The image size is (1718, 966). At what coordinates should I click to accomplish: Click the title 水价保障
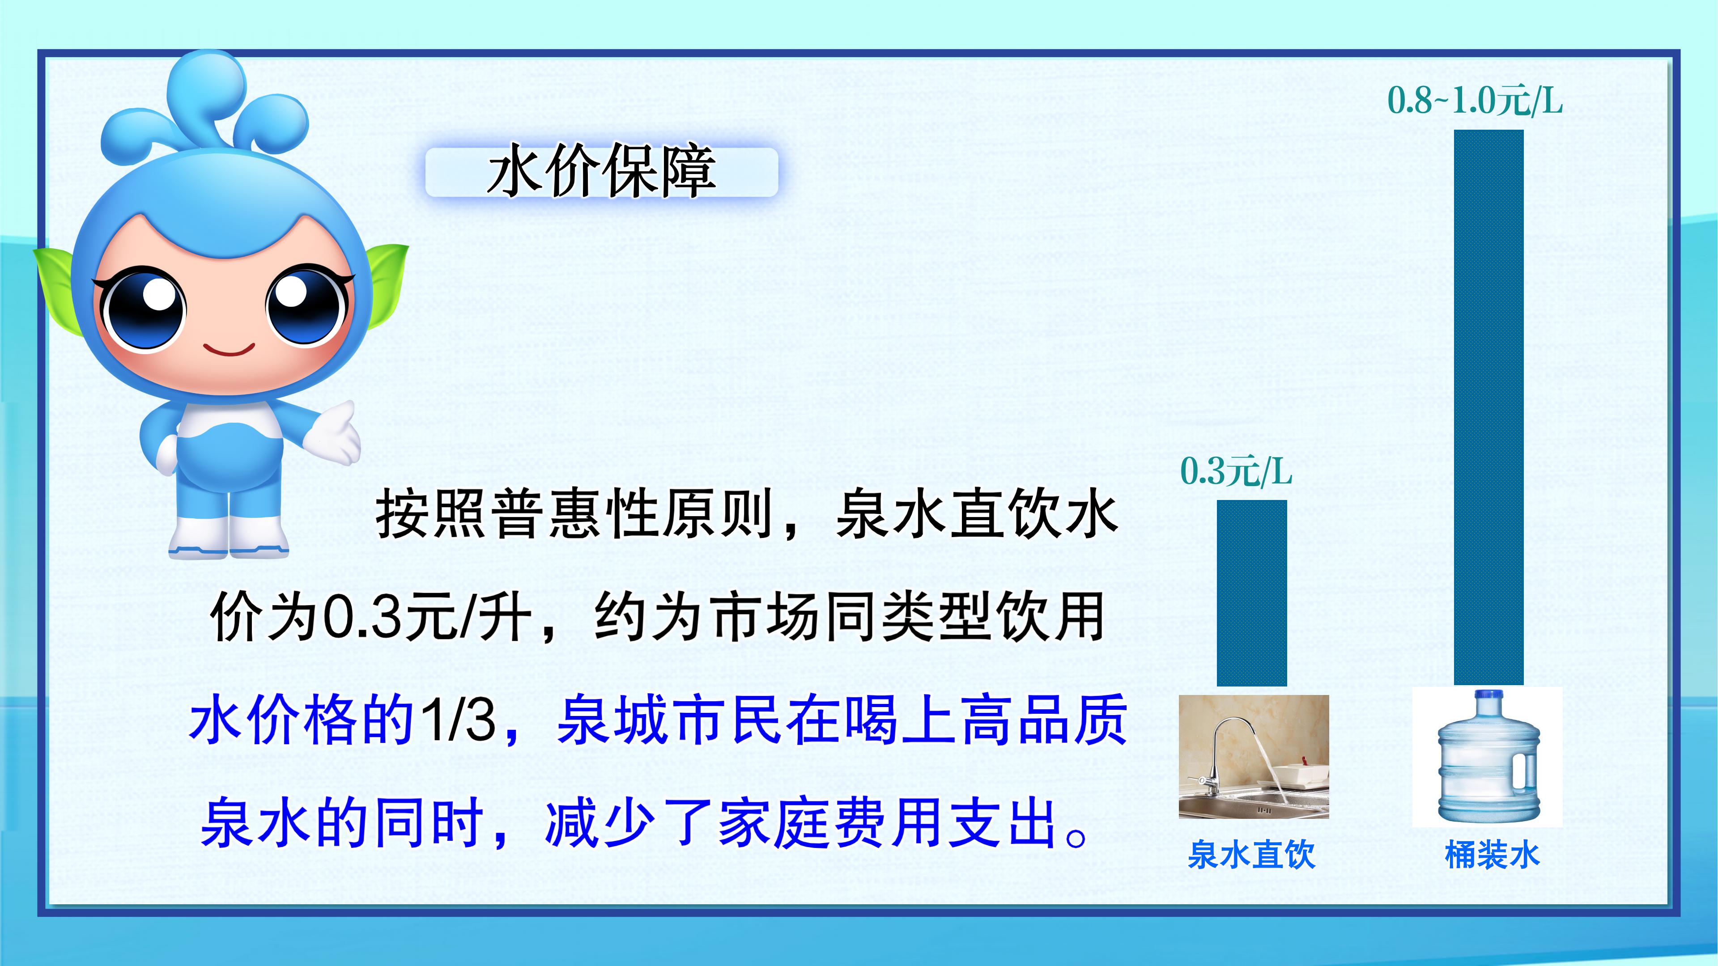tap(602, 171)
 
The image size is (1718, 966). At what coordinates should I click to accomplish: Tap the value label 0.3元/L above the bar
tap(1236, 471)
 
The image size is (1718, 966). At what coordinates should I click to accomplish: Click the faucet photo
tap(1254, 757)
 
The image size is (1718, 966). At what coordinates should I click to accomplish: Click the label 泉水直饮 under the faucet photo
tap(1251, 854)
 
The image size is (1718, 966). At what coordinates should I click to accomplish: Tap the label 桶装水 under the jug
tap(1492, 854)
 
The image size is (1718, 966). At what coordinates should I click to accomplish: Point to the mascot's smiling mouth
tap(229, 349)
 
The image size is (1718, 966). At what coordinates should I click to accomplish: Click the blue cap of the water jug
tap(1488, 696)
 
